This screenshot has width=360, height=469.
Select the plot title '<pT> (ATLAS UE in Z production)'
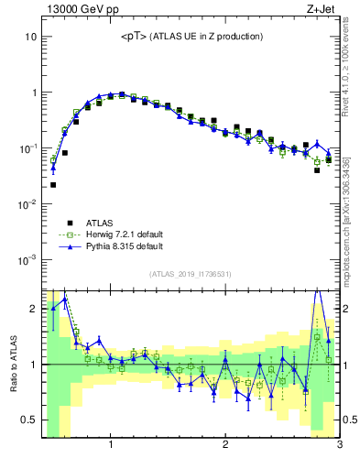click(191, 37)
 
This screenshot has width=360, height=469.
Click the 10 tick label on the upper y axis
click(29, 37)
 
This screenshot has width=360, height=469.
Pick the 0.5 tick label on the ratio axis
click(27, 420)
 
